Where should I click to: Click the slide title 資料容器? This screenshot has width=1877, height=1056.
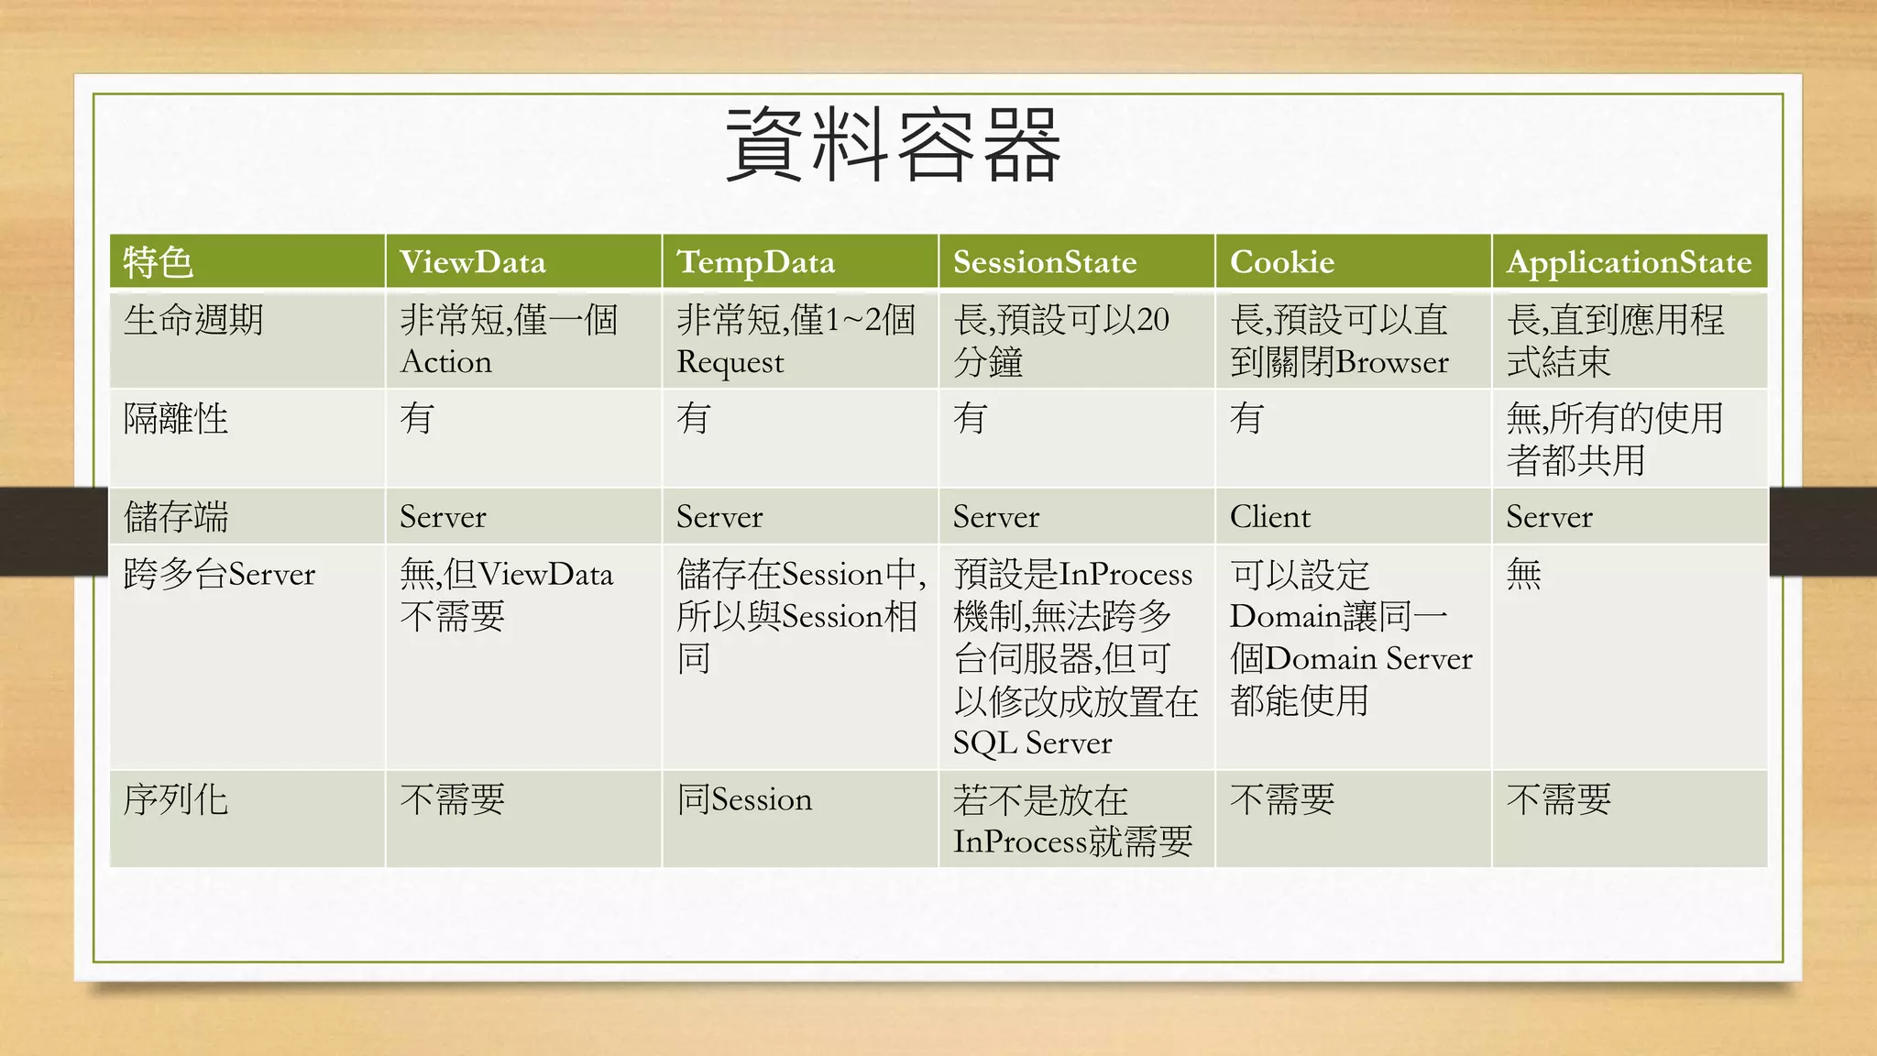pos(894,145)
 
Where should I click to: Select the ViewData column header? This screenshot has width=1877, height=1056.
pos(473,262)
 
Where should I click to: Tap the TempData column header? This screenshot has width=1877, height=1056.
pos(756,262)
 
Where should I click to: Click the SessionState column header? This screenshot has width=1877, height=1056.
pos(1045,262)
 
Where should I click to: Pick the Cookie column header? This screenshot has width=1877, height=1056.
pos(1282,262)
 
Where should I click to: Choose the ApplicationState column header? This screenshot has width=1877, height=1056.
pos(1629,262)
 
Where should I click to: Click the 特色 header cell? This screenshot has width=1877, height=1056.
pos(158,262)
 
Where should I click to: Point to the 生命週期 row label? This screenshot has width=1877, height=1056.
pos(193,320)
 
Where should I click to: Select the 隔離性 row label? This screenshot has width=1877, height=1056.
pos(176,419)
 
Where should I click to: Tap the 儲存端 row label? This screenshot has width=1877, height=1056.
pos(176,517)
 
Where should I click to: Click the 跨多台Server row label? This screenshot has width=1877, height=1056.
pos(219,575)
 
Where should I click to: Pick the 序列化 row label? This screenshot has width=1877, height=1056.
pos(176,799)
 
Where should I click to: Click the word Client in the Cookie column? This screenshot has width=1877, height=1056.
pos(1270,517)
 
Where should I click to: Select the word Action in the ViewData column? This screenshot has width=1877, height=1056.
pos(446,362)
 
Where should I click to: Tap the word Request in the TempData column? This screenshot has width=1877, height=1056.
pos(730,363)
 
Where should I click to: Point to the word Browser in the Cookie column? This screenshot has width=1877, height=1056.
pos(1392,362)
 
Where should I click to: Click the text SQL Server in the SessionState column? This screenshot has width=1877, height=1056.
pos(1032,742)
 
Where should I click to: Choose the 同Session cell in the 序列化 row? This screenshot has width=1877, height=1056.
pos(745,799)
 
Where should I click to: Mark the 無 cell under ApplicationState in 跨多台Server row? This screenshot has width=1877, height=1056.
pos(1524,575)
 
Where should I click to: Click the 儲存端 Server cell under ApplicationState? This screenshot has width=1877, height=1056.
pos(1550,517)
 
